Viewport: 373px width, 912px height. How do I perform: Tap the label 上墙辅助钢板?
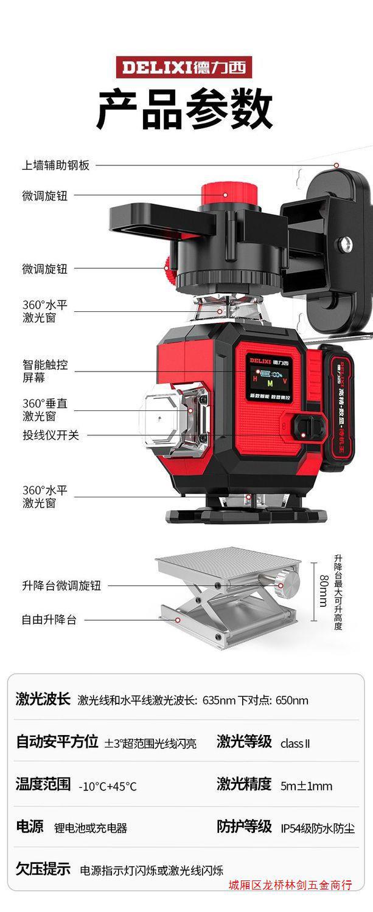(x=56, y=165)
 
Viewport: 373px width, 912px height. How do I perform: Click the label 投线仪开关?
(x=51, y=435)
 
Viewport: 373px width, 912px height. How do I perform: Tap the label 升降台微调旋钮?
(x=61, y=586)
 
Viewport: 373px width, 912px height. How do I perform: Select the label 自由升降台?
(x=49, y=620)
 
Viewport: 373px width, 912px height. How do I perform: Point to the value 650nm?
(x=292, y=700)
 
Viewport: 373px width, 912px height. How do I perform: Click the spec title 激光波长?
(x=43, y=699)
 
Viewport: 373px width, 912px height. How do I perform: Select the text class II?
(x=295, y=743)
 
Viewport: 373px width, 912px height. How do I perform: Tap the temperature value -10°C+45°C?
(x=108, y=786)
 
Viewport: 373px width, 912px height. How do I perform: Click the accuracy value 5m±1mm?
(x=306, y=786)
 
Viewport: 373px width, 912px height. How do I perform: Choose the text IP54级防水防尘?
(x=318, y=828)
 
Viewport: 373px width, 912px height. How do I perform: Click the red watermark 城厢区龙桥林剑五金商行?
(x=290, y=885)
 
